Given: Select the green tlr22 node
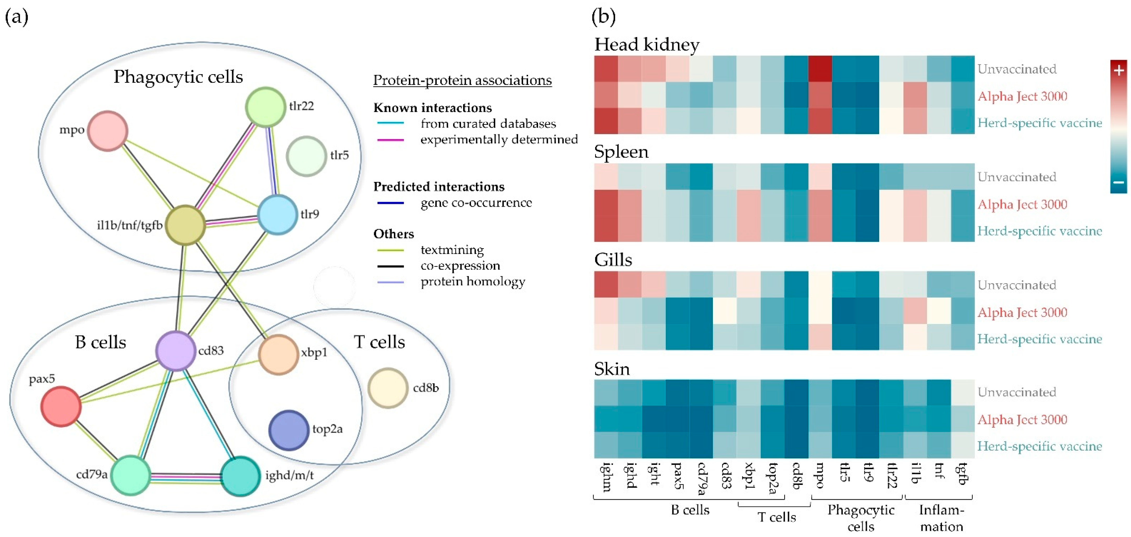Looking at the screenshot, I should tap(265, 107).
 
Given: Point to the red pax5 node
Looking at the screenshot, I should tap(61, 406).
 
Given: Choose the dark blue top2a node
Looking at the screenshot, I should tap(289, 430).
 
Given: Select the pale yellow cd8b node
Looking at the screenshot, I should tap(388, 388).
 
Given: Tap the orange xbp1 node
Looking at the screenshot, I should tap(278, 354).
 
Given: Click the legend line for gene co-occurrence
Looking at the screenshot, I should tap(390, 203).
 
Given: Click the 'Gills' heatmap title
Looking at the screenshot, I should tap(613, 260).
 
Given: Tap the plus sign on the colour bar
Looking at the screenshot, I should tap(1119, 70).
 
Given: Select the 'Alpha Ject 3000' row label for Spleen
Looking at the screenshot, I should tap(1022, 204).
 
